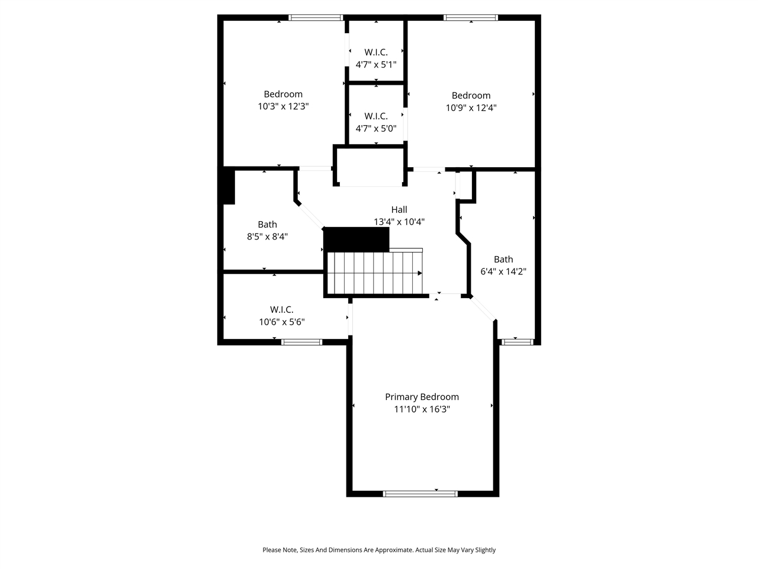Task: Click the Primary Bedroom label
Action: pyautogui.click(x=422, y=397)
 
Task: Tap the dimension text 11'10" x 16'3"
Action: pyautogui.click(x=422, y=410)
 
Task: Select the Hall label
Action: pyautogui.click(x=399, y=210)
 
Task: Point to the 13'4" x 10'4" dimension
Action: pyautogui.click(x=399, y=222)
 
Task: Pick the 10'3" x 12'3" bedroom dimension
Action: pyautogui.click(x=283, y=107)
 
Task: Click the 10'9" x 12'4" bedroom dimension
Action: pyautogui.click(x=471, y=108)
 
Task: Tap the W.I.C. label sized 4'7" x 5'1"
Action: pyautogui.click(x=376, y=52)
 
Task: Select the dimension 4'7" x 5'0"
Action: pyautogui.click(x=376, y=128)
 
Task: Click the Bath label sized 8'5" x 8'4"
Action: pyautogui.click(x=267, y=225)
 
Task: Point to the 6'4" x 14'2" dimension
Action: pyautogui.click(x=503, y=272)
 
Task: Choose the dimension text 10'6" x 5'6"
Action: pyautogui.click(x=282, y=322)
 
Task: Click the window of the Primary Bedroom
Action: pyautogui.click(x=420, y=493)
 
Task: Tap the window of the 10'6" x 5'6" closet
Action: pyautogui.click(x=301, y=342)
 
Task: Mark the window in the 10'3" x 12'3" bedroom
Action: pyautogui.click(x=316, y=18)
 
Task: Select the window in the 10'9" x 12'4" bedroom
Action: pyautogui.click(x=471, y=18)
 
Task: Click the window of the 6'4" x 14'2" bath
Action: pyautogui.click(x=518, y=341)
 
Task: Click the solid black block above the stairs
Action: pyautogui.click(x=356, y=239)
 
